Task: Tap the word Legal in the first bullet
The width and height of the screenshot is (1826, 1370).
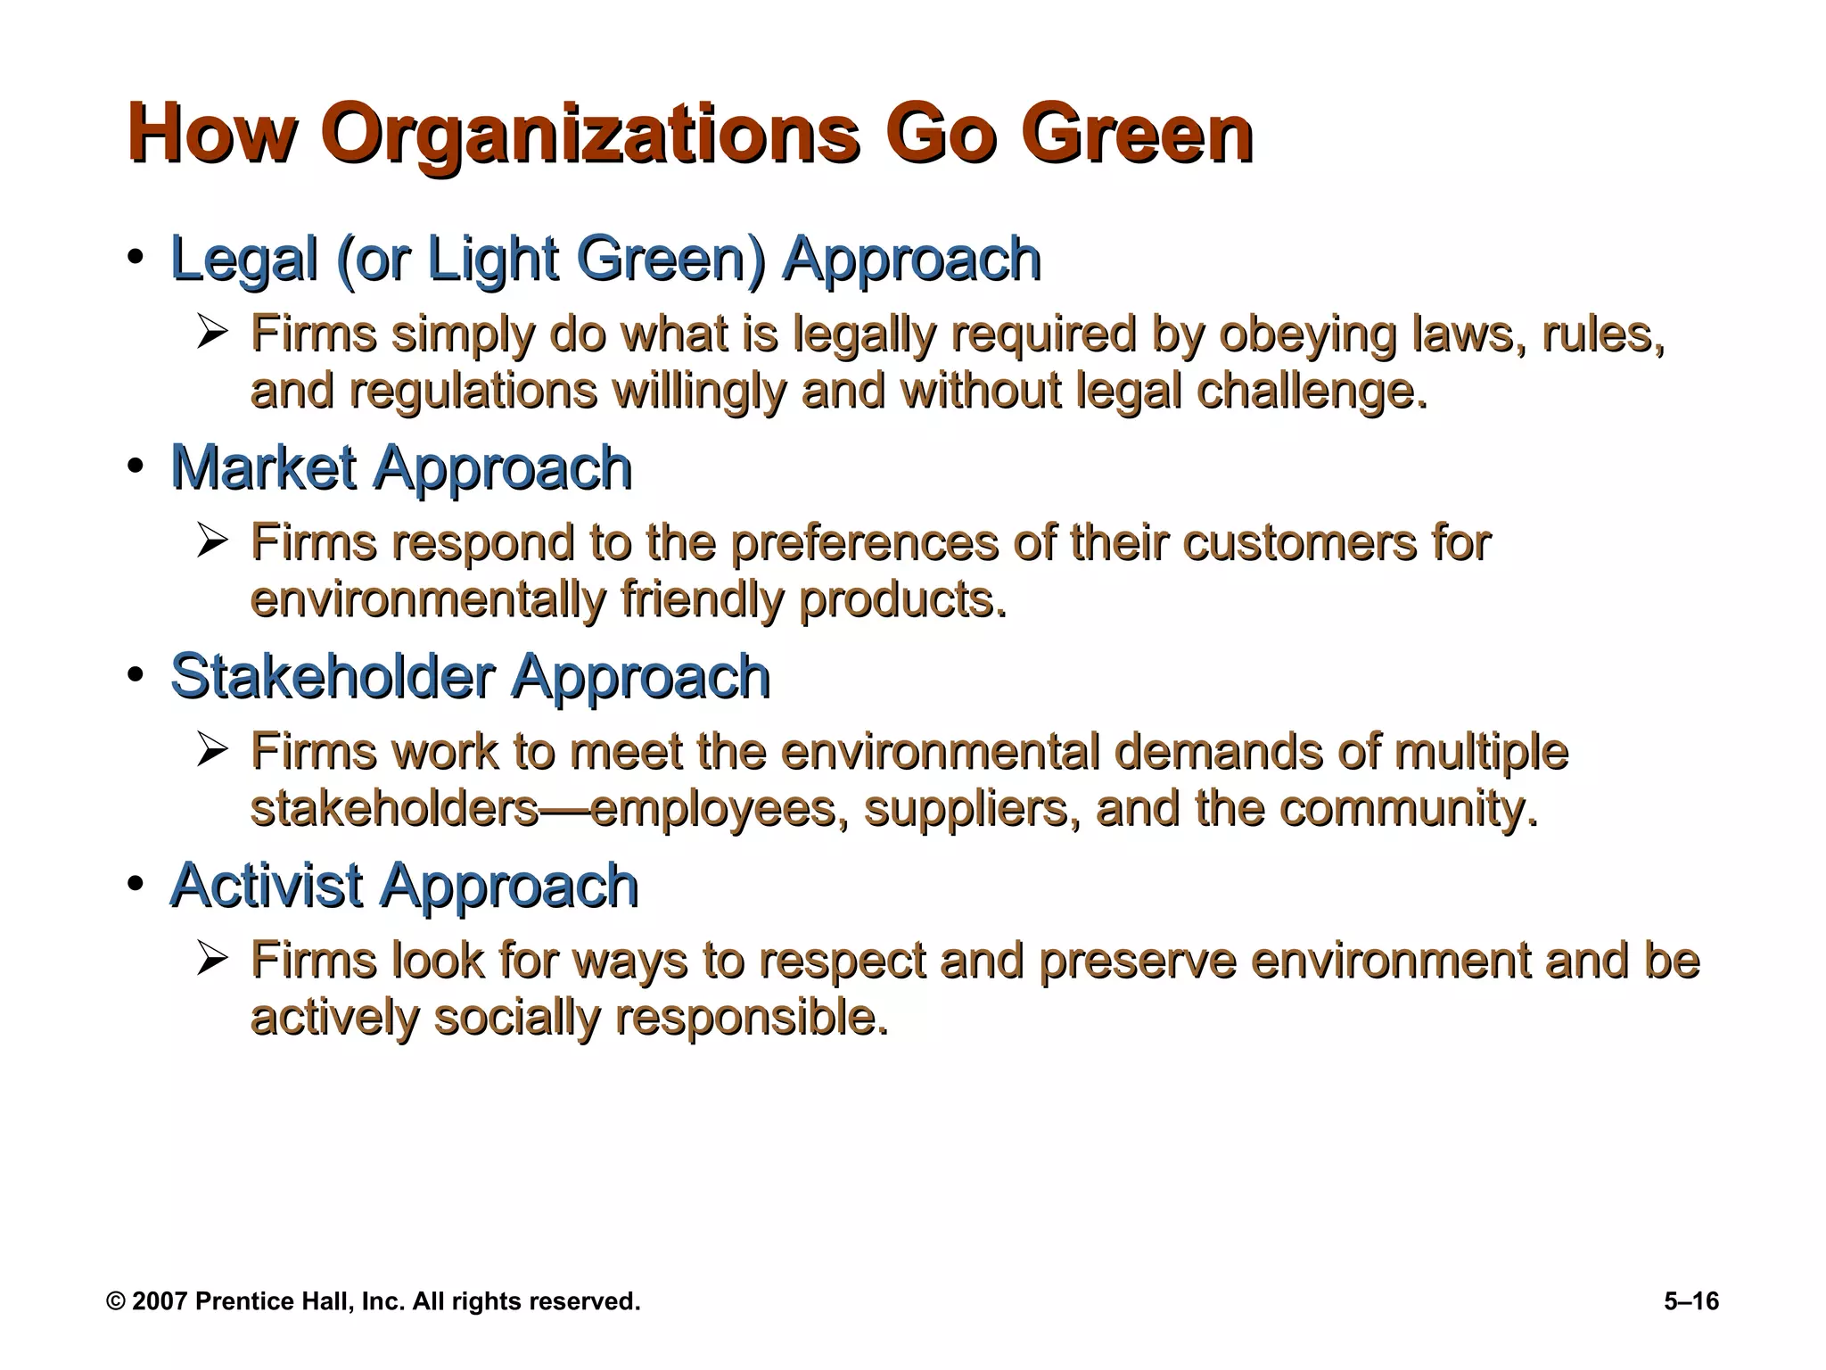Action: point(243,260)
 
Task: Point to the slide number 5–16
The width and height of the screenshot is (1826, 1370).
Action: point(1691,1301)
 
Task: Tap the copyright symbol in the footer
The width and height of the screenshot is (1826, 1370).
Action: point(115,1301)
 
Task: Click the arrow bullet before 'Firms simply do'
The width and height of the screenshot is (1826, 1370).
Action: point(213,334)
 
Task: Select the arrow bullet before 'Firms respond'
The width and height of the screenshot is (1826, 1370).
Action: point(213,542)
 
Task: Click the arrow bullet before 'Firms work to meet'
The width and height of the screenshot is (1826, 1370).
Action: point(213,751)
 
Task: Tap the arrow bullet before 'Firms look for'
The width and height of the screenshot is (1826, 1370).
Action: point(213,960)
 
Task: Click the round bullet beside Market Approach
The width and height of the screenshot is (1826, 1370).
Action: point(135,466)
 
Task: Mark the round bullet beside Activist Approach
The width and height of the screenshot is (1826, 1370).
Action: point(135,884)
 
